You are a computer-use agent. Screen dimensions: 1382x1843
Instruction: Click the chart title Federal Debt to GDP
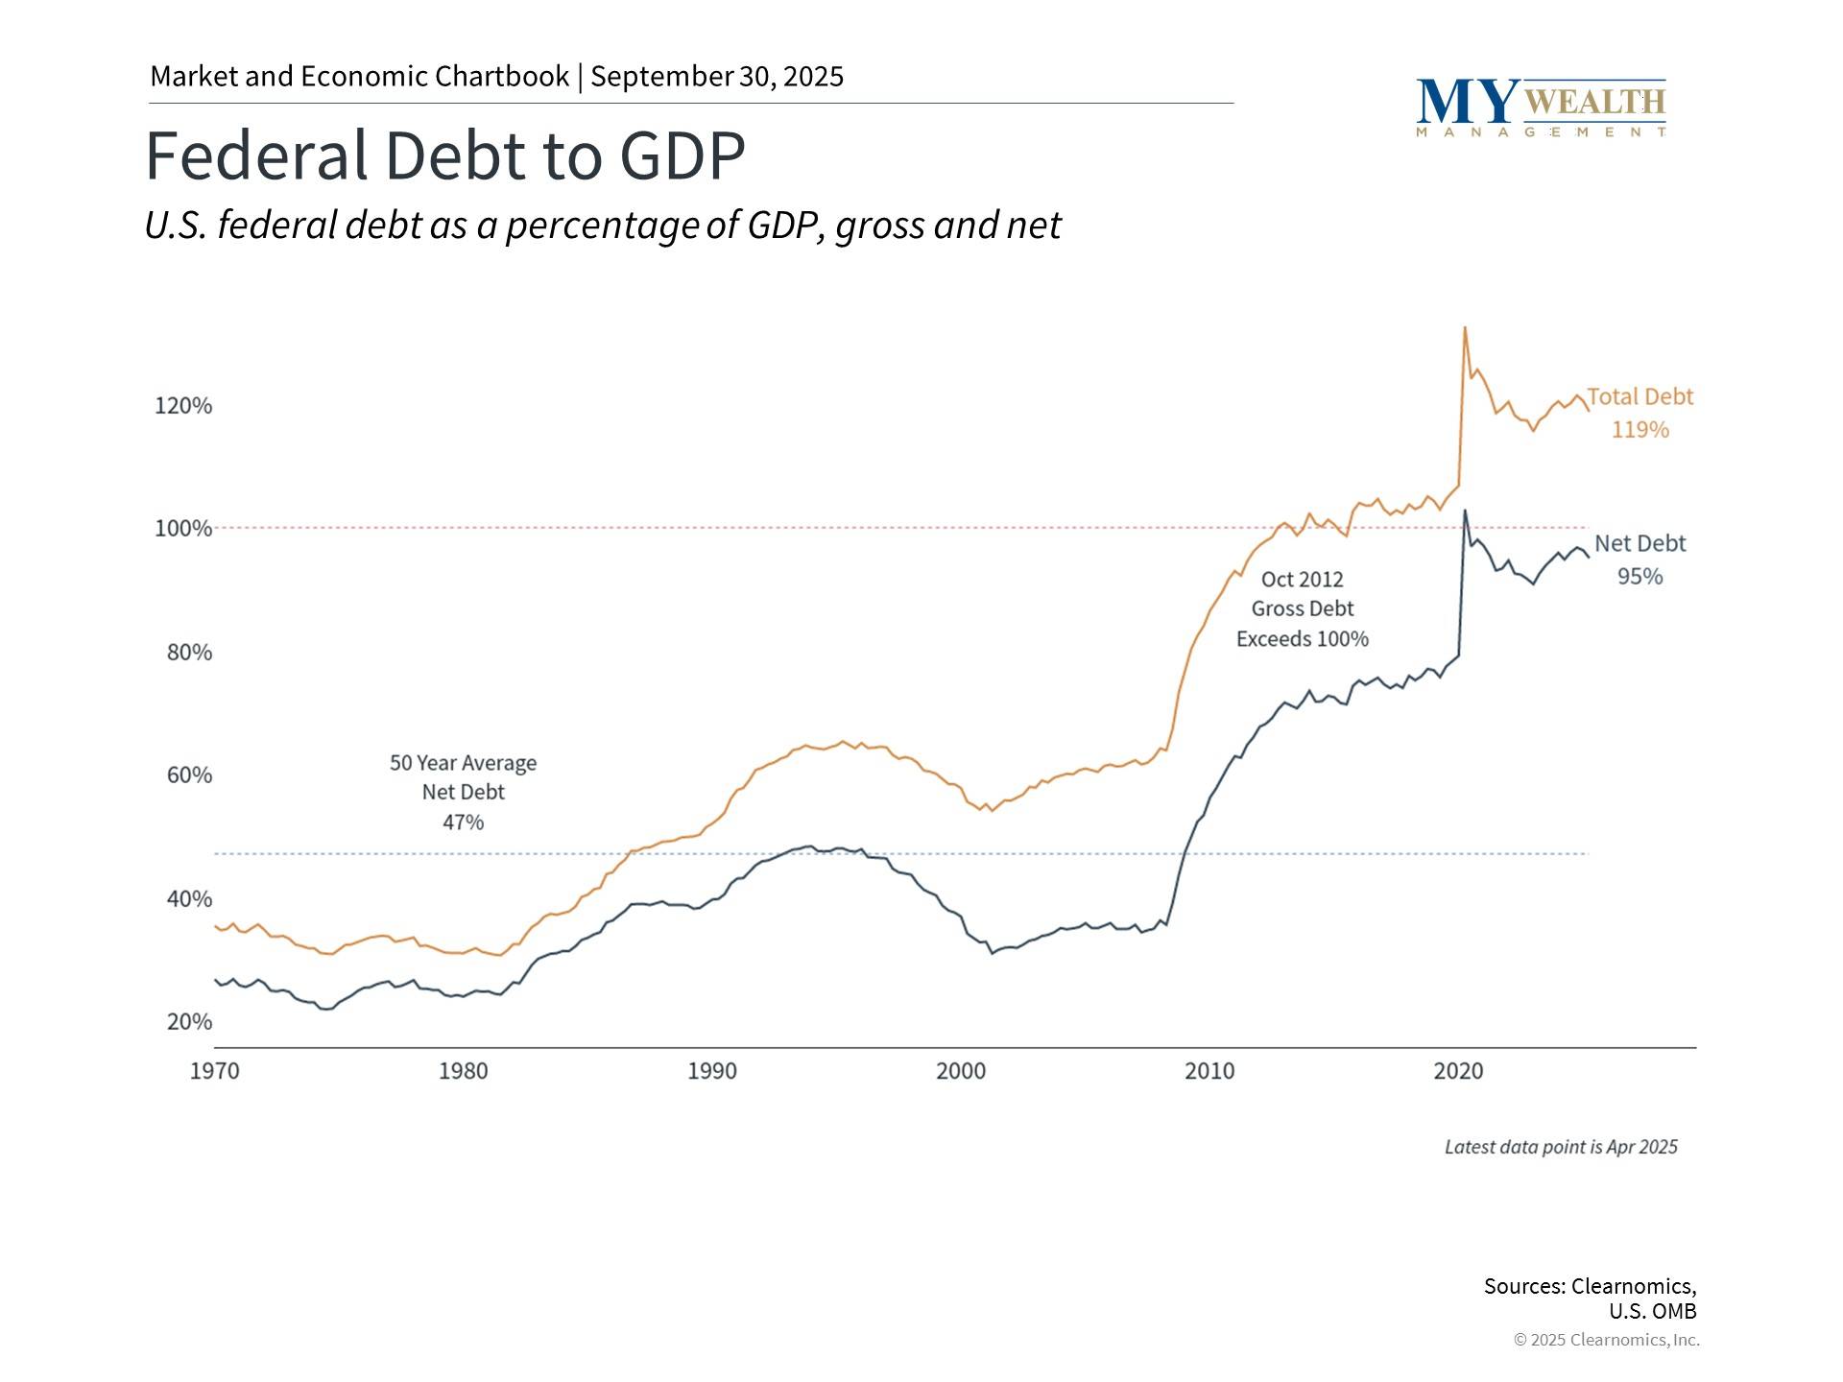pyautogui.click(x=444, y=155)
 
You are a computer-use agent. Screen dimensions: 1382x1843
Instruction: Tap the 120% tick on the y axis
pyautogui.click(x=183, y=406)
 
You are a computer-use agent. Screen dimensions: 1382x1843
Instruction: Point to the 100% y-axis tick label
pyautogui.click(x=183, y=529)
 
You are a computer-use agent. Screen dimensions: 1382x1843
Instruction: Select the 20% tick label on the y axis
pyautogui.click(x=189, y=1022)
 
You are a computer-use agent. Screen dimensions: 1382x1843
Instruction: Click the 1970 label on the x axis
pyautogui.click(x=214, y=1071)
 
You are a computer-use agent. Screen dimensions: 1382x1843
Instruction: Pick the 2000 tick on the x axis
pyautogui.click(x=961, y=1071)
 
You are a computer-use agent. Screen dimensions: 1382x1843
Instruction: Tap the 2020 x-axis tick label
pyautogui.click(x=1458, y=1071)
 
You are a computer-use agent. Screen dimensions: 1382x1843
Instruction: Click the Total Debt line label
pyautogui.click(x=1640, y=397)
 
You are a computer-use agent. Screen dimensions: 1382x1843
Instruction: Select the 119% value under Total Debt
pyautogui.click(x=1640, y=430)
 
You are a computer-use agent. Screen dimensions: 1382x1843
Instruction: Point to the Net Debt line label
pyautogui.click(x=1640, y=544)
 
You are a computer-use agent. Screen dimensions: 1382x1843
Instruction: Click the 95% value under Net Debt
pyautogui.click(x=1640, y=577)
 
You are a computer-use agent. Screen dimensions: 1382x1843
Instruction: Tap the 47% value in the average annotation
pyautogui.click(x=463, y=822)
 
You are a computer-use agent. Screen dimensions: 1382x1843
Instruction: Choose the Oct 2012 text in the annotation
pyautogui.click(x=1302, y=580)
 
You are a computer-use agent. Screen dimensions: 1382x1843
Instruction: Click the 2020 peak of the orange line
pyautogui.click(x=1464, y=328)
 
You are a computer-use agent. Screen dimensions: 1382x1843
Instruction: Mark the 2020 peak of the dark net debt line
pyautogui.click(x=1464, y=511)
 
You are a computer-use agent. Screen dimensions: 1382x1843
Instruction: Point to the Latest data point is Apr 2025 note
pyautogui.click(x=1561, y=1147)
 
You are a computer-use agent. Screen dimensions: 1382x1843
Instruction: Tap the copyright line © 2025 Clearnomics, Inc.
pyautogui.click(x=1606, y=1340)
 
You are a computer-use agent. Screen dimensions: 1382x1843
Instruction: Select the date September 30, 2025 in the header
pyautogui.click(x=717, y=77)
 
